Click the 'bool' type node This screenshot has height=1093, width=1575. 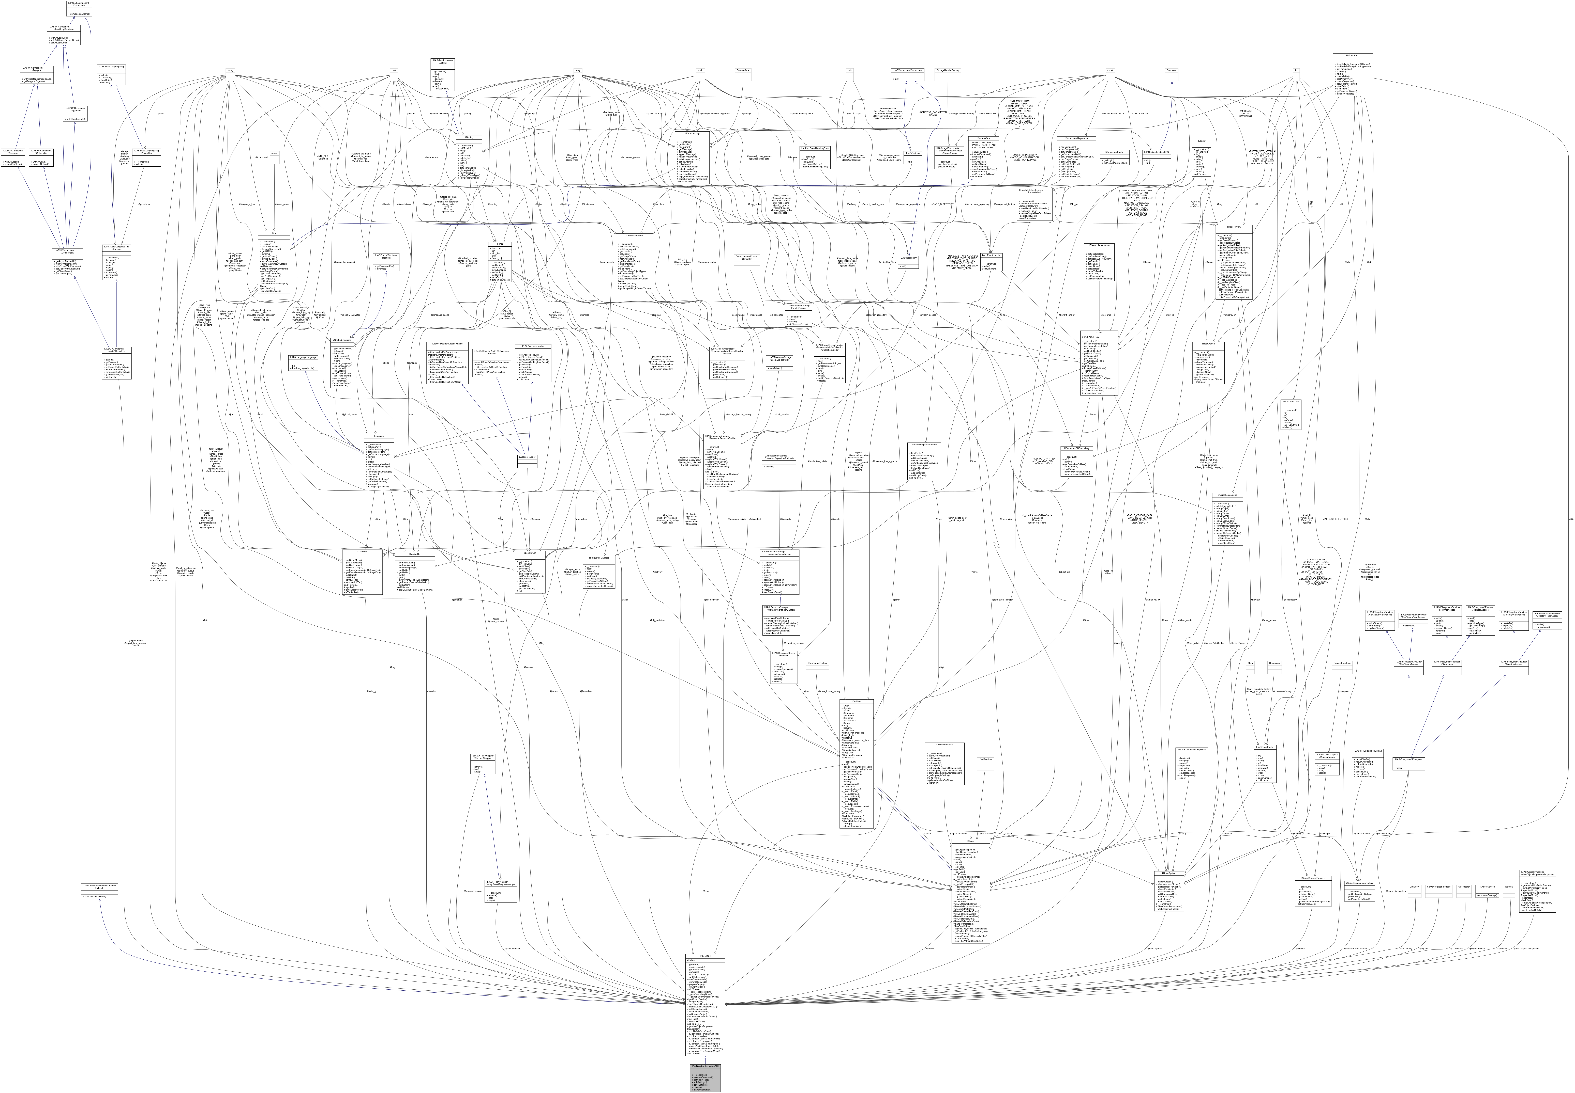pyautogui.click(x=394, y=70)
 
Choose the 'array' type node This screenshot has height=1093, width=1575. pyautogui.click(x=578, y=70)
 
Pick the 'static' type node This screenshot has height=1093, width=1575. pyautogui.click(x=699, y=70)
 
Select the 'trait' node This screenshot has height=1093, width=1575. pyautogui.click(x=849, y=70)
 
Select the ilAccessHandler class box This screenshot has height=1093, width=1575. pyautogui.click(x=527, y=456)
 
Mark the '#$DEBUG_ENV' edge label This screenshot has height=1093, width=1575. pyautogui.click(x=655, y=113)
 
